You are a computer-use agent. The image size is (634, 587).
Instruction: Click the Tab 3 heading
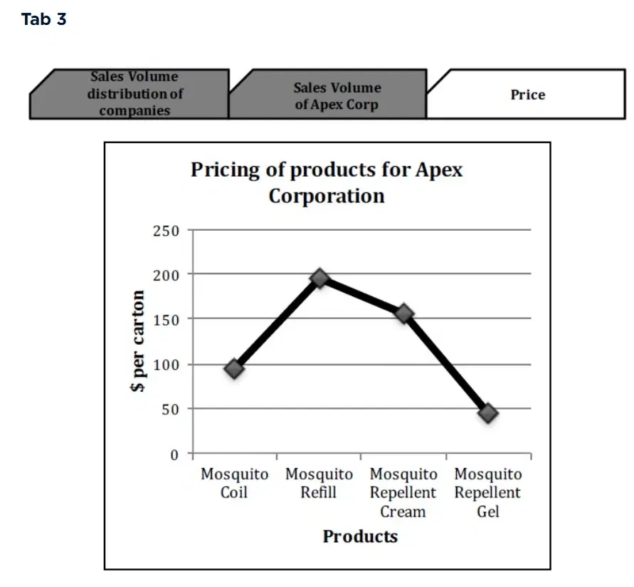point(44,20)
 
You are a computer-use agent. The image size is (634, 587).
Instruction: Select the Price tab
point(527,95)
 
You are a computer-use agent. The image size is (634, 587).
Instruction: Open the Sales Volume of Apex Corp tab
point(337,96)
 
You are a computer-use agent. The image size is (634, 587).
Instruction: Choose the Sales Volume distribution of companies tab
point(134,93)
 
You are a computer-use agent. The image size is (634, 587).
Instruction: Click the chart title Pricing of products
point(327,182)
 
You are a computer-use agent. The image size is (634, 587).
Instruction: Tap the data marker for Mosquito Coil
point(234,368)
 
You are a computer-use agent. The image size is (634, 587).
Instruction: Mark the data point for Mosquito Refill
point(319,278)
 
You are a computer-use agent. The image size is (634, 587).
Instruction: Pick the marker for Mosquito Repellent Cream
point(404,313)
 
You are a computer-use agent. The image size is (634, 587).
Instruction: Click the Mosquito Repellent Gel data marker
point(488,412)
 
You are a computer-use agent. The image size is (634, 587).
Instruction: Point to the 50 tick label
point(171,410)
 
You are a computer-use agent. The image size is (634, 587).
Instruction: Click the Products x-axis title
point(360,536)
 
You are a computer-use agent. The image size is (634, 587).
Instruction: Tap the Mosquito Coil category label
point(234,483)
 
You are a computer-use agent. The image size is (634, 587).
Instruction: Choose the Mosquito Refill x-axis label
point(319,483)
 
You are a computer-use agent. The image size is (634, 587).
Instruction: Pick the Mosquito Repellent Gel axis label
point(488,492)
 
